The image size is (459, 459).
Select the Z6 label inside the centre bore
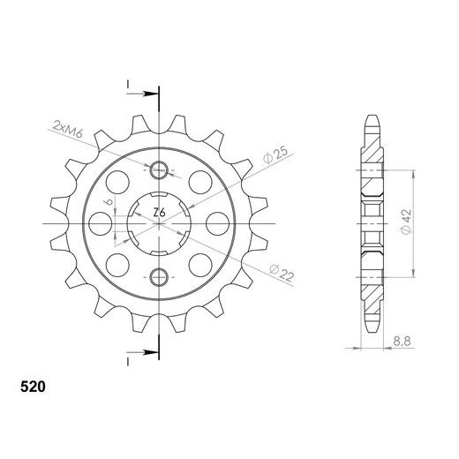(159, 212)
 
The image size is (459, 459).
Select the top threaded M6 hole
(159, 169)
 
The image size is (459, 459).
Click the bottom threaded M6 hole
(159, 274)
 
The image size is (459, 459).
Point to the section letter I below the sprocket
(129, 361)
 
